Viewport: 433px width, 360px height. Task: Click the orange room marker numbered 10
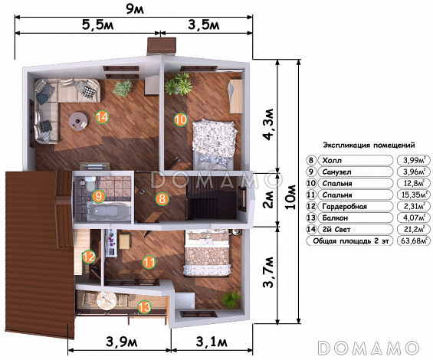[181, 119]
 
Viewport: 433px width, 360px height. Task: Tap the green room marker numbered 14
[102, 117]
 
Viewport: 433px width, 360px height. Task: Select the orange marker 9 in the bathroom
[99, 196]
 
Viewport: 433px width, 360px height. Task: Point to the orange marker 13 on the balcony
[144, 307]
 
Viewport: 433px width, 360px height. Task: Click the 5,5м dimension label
[98, 25]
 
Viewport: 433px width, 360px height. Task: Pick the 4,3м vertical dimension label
[268, 124]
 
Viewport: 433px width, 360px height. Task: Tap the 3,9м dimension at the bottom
[122, 342]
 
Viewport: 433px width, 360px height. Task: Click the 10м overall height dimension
[290, 197]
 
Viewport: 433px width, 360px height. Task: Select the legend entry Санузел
[337, 172]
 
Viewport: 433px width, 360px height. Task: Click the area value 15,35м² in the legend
[414, 195]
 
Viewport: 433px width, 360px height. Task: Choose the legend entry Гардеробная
[345, 206]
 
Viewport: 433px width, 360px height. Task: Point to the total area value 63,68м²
[414, 241]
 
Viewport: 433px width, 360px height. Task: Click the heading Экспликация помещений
[369, 145]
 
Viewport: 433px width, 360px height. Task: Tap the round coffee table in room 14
[79, 120]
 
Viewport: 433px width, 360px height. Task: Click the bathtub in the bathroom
[109, 211]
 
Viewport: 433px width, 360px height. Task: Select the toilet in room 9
[90, 183]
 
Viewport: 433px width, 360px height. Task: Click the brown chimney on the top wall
[162, 45]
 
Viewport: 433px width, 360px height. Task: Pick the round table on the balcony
[107, 300]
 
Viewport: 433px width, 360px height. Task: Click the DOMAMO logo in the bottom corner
[369, 348]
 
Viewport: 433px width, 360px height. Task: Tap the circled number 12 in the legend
[311, 206]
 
